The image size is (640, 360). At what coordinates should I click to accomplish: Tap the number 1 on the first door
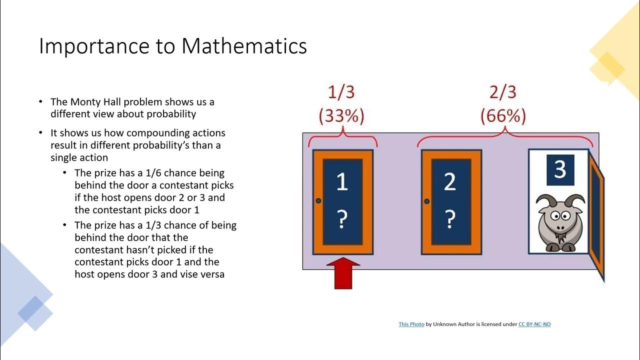[342, 182]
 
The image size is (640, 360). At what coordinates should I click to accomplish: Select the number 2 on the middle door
[450, 182]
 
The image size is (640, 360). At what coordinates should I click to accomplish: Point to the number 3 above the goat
[559, 169]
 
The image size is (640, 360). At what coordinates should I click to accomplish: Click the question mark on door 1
[342, 219]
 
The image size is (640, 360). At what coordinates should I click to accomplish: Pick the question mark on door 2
[450, 219]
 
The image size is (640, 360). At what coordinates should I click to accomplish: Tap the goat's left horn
[543, 201]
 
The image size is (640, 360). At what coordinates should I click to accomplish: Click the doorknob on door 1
[318, 201]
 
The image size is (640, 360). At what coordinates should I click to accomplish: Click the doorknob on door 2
[426, 201]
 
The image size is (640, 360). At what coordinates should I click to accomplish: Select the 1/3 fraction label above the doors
[341, 93]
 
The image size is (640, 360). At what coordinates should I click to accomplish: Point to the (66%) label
[503, 116]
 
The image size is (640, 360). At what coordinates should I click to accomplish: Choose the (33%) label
[341, 116]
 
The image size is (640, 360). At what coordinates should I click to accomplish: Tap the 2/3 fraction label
[502, 93]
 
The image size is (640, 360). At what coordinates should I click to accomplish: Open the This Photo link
[411, 324]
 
